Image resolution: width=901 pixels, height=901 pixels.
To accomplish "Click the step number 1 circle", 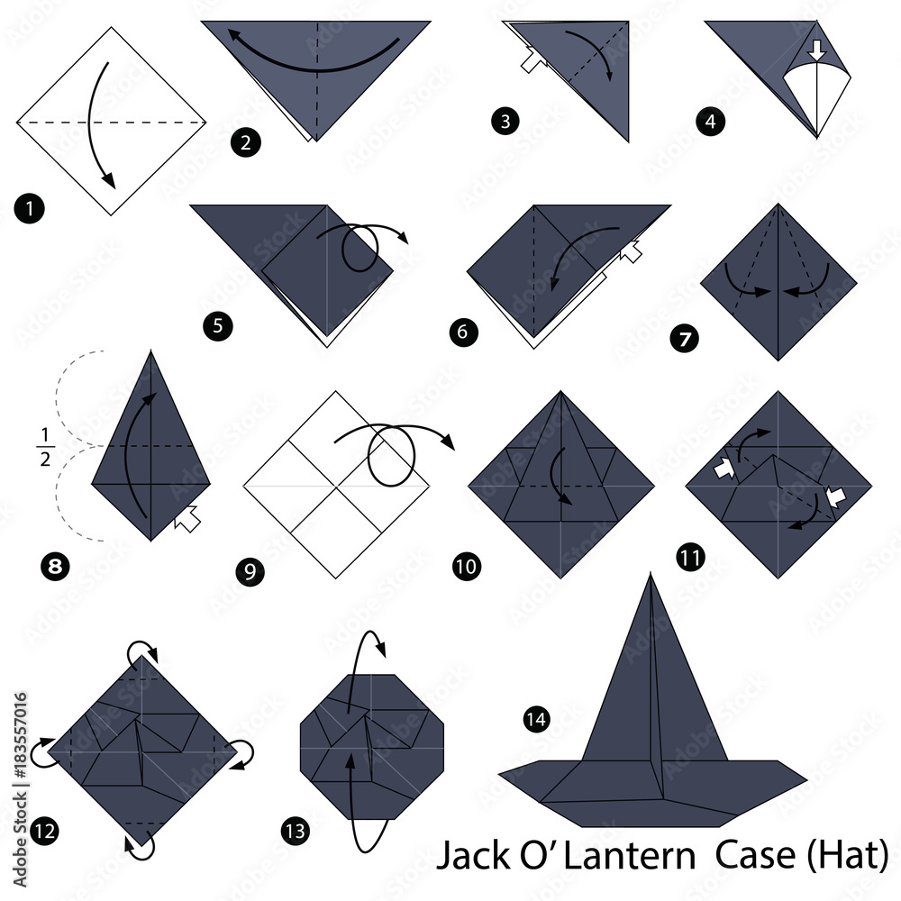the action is click(x=30, y=208).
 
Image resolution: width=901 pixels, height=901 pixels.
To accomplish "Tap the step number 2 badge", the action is click(x=246, y=142).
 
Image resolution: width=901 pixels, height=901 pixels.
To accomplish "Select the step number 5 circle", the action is click(x=218, y=326).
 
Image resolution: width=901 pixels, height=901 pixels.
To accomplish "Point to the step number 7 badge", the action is click(x=685, y=339).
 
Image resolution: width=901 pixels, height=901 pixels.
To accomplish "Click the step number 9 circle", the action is click(x=250, y=571).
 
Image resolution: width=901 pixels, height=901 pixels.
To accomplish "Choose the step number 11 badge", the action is click(x=691, y=557).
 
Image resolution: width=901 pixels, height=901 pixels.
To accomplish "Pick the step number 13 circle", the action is click(x=296, y=831).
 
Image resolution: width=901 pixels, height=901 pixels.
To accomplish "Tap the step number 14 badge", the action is click(x=537, y=719).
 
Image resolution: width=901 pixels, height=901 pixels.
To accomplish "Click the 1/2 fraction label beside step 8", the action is click(x=45, y=447).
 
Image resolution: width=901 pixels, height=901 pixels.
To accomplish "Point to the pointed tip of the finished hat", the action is click(x=651, y=573).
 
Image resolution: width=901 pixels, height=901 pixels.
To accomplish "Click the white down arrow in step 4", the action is click(x=816, y=50).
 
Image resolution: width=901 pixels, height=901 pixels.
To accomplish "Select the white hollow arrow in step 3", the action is click(x=533, y=60).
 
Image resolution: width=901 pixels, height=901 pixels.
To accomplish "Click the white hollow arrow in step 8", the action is click(x=188, y=518).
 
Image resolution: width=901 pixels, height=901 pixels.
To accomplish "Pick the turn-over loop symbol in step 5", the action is click(x=360, y=246).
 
